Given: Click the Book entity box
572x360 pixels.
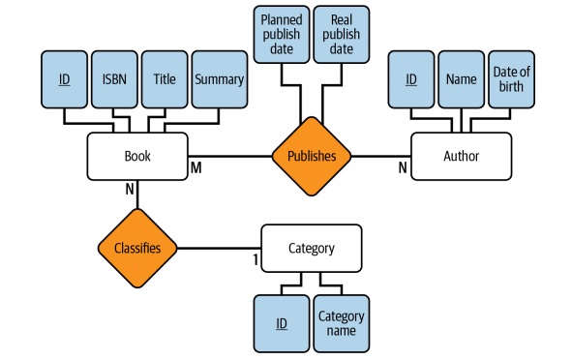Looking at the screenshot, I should click(137, 156).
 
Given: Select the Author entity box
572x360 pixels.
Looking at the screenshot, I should click(460, 156).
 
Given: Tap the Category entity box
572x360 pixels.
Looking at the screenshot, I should click(312, 248).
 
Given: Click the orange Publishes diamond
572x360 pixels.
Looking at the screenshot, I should click(312, 155).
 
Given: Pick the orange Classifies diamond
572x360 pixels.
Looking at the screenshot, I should click(137, 248).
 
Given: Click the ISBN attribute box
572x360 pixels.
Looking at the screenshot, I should click(115, 78).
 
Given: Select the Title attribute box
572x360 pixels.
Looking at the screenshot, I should click(165, 78).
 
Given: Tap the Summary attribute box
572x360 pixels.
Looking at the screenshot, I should click(218, 78).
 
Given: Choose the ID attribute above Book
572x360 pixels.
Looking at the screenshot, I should click(64, 78).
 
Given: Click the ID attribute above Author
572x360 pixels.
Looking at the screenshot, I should click(410, 78).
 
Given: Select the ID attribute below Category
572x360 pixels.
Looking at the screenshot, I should click(281, 323).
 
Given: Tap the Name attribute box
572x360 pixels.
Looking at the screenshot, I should click(461, 78).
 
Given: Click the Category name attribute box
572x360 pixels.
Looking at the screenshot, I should click(342, 323).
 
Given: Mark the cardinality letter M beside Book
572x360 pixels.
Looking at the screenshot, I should click(196, 168).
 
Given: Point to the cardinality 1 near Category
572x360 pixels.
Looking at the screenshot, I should click(256, 259).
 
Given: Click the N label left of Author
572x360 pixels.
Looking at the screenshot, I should click(403, 168).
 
